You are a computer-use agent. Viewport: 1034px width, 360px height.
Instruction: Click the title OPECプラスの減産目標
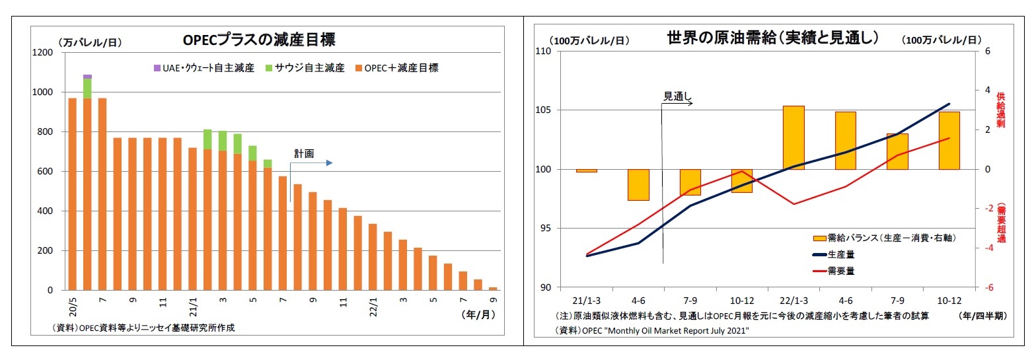tap(259, 40)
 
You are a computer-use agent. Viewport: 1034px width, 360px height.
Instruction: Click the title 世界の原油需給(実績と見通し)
tap(773, 38)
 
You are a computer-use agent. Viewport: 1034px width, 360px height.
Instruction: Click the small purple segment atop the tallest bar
tap(87, 77)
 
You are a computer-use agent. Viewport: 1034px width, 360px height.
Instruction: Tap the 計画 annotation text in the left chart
tap(304, 154)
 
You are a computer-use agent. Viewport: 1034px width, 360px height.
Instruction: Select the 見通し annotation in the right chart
tap(677, 96)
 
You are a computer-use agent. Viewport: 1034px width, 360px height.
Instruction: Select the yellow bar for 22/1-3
tap(794, 137)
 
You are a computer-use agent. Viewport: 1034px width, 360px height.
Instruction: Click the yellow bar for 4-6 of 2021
tap(638, 184)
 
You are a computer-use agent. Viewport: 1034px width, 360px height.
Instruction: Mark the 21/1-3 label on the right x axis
tap(587, 300)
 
